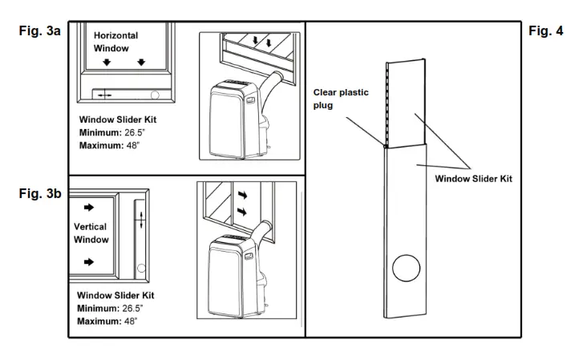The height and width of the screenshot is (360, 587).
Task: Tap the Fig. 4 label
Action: click(x=546, y=31)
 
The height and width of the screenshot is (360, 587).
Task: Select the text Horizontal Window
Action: click(x=115, y=42)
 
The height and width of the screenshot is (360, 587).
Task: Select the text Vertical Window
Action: click(x=91, y=233)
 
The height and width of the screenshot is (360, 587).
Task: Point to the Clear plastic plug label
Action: click(x=341, y=98)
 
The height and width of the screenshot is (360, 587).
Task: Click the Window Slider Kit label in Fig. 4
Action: click(x=473, y=179)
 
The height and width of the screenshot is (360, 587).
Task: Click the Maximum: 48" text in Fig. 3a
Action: click(x=108, y=146)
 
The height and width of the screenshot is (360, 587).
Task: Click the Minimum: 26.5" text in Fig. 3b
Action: click(x=109, y=308)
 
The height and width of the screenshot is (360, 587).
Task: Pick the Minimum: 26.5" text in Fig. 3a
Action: click(x=111, y=132)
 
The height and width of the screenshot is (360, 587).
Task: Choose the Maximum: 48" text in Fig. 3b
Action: click(x=107, y=321)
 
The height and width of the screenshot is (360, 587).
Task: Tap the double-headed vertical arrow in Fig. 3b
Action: click(x=141, y=220)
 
